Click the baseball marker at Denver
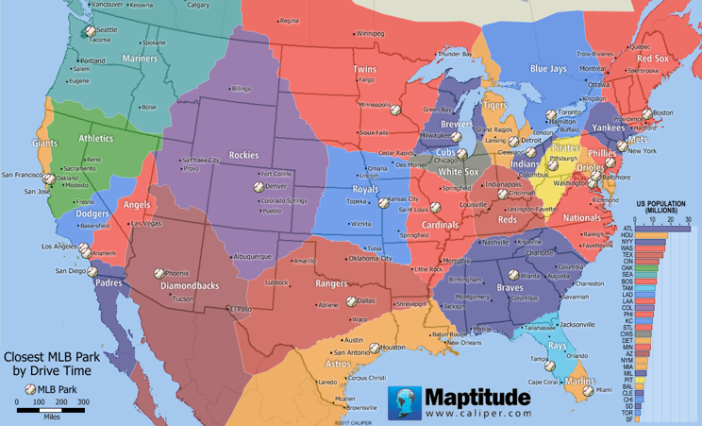(x=258, y=187)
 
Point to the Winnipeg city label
(x=370, y=33)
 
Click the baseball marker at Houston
(x=374, y=348)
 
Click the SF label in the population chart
(x=627, y=418)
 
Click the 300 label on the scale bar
(x=82, y=402)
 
